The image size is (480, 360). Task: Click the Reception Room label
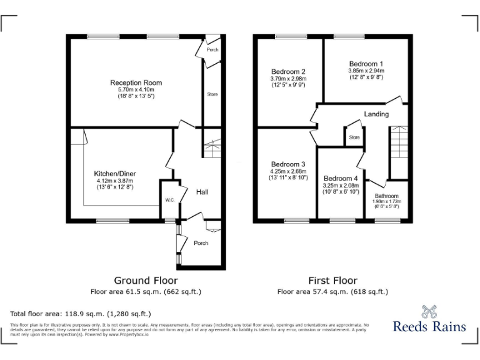point(136,82)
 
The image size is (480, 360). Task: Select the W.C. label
point(169,200)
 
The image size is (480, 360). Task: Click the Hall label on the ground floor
point(202,192)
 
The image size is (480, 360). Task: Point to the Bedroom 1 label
point(366,64)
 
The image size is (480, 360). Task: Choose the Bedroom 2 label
point(288,71)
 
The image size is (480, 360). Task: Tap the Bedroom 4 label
point(341,178)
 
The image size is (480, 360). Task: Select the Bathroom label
point(386,196)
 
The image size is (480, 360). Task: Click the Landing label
point(376,114)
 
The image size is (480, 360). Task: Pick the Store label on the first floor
point(354,137)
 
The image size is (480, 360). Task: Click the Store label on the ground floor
point(212,94)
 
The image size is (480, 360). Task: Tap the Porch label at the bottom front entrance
point(201,243)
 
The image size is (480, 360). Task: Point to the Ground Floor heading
point(146,281)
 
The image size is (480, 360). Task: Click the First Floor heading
point(332,281)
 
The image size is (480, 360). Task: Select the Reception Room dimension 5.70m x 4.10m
point(136,90)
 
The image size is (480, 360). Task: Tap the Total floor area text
point(81,314)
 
